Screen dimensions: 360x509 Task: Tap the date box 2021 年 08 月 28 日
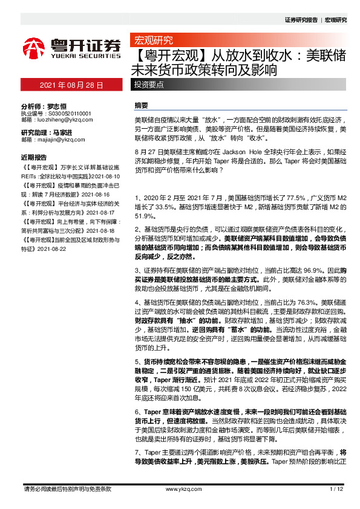(71, 85)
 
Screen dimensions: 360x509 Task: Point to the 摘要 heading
(140, 105)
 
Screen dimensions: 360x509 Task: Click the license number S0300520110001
(66, 113)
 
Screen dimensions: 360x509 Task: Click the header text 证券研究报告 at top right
(301, 20)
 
